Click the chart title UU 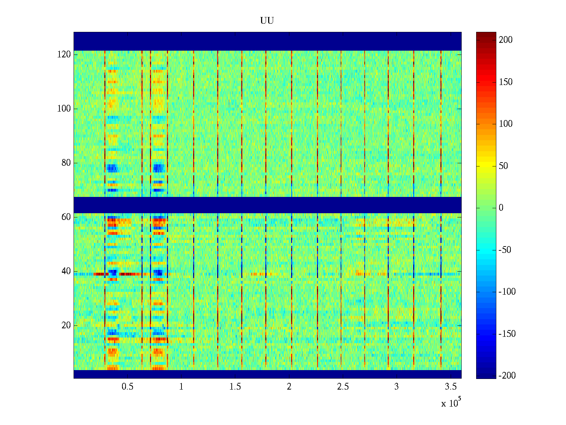pyautogui.click(x=267, y=21)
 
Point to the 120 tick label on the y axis pyautogui.click(x=64, y=55)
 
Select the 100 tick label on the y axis pyautogui.click(x=64, y=109)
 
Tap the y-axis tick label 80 pyautogui.click(x=66, y=163)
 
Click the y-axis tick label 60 pyautogui.click(x=66, y=217)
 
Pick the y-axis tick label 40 pyautogui.click(x=66, y=271)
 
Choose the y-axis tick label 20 pyautogui.click(x=66, y=325)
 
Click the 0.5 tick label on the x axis pyautogui.click(x=127, y=387)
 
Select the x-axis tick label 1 pyautogui.click(x=181, y=387)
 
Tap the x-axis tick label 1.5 pyautogui.click(x=235, y=387)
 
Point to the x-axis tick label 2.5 pyautogui.click(x=343, y=387)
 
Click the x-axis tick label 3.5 pyautogui.click(x=451, y=387)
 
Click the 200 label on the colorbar pyautogui.click(x=506, y=40)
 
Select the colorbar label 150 pyautogui.click(x=506, y=82)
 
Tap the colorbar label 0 pyautogui.click(x=501, y=208)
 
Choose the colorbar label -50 pyautogui.click(x=505, y=250)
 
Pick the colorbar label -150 pyautogui.click(x=507, y=334)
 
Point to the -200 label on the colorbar pyautogui.click(x=507, y=376)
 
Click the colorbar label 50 pyautogui.click(x=503, y=166)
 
